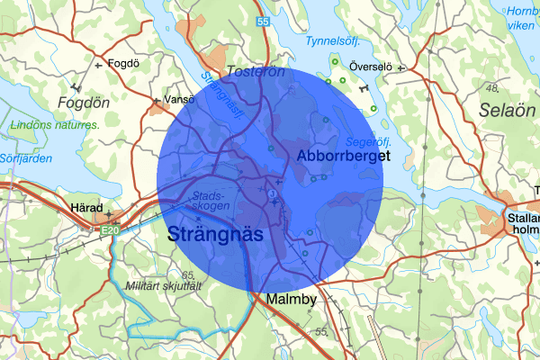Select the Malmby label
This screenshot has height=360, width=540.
(x=286, y=300)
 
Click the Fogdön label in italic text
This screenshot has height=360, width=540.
(x=83, y=103)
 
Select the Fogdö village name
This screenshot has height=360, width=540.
(x=121, y=64)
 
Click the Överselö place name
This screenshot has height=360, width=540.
(x=371, y=67)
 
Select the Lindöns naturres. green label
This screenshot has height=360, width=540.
(x=55, y=125)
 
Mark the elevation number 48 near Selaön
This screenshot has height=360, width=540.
(x=491, y=87)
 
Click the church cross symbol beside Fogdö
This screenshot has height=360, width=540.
(x=99, y=65)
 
